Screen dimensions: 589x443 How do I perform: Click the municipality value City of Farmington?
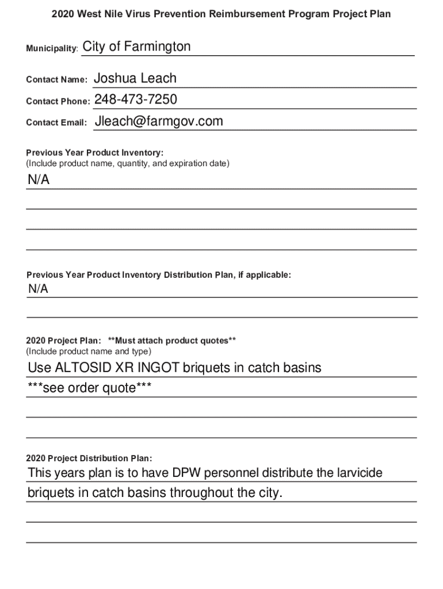pyautogui.click(x=137, y=47)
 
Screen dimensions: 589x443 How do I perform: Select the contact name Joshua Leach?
pyautogui.click(x=135, y=79)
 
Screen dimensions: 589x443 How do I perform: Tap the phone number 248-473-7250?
pyautogui.click(x=136, y=100)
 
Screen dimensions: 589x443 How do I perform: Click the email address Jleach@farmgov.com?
pyautogui.click(x=159, y=121)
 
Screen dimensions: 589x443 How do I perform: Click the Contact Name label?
pyautogui.click(x=56, y=81)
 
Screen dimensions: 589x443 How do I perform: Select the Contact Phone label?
pyautogui.click(x=58, y=102)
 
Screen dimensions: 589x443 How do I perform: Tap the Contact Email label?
pyautogui.click(x=56, y=123)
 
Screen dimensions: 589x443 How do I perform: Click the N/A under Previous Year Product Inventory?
pyautogui.click(x=39, y=180)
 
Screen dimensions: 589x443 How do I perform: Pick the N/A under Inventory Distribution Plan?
pyautogui.click(x=39, y=289)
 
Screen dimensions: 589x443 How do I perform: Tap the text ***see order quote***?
pyautogui.click(x=90, y=389)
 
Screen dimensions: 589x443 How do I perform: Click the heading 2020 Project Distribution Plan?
pyautogui.click(x=89, y=458)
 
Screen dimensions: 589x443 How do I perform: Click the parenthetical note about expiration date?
pyautogui.click(x=128, y=164)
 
